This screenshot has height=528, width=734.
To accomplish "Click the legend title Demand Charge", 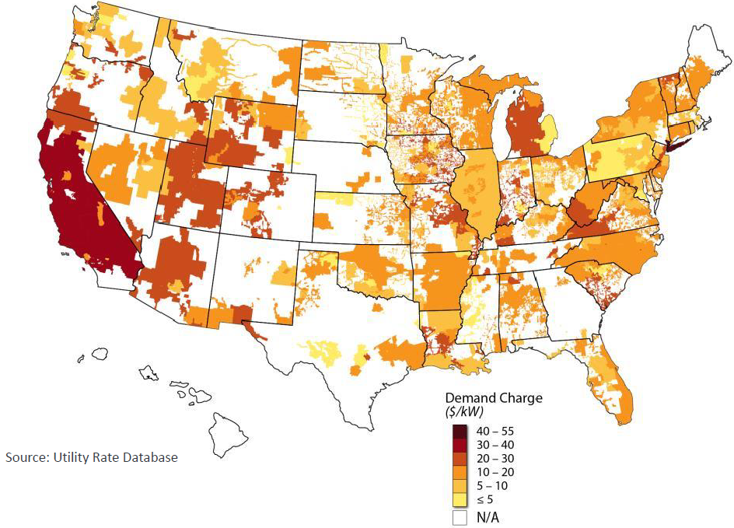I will coord(494,397).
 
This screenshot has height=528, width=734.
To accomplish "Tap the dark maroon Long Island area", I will coord(674,145).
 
